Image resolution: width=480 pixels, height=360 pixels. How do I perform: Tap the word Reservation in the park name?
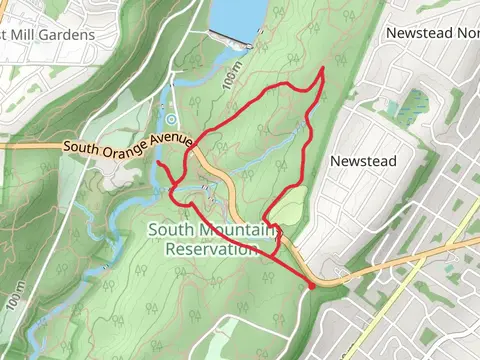[212, 249]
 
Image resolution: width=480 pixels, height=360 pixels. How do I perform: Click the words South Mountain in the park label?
[211, 230]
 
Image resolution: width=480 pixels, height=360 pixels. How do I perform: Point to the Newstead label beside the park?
[363, 161]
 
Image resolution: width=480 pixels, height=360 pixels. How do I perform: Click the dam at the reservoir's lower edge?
[227, 40]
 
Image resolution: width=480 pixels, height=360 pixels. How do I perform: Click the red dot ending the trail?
[312, 286]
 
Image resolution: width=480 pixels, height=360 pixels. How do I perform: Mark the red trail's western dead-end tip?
[158, 162]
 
